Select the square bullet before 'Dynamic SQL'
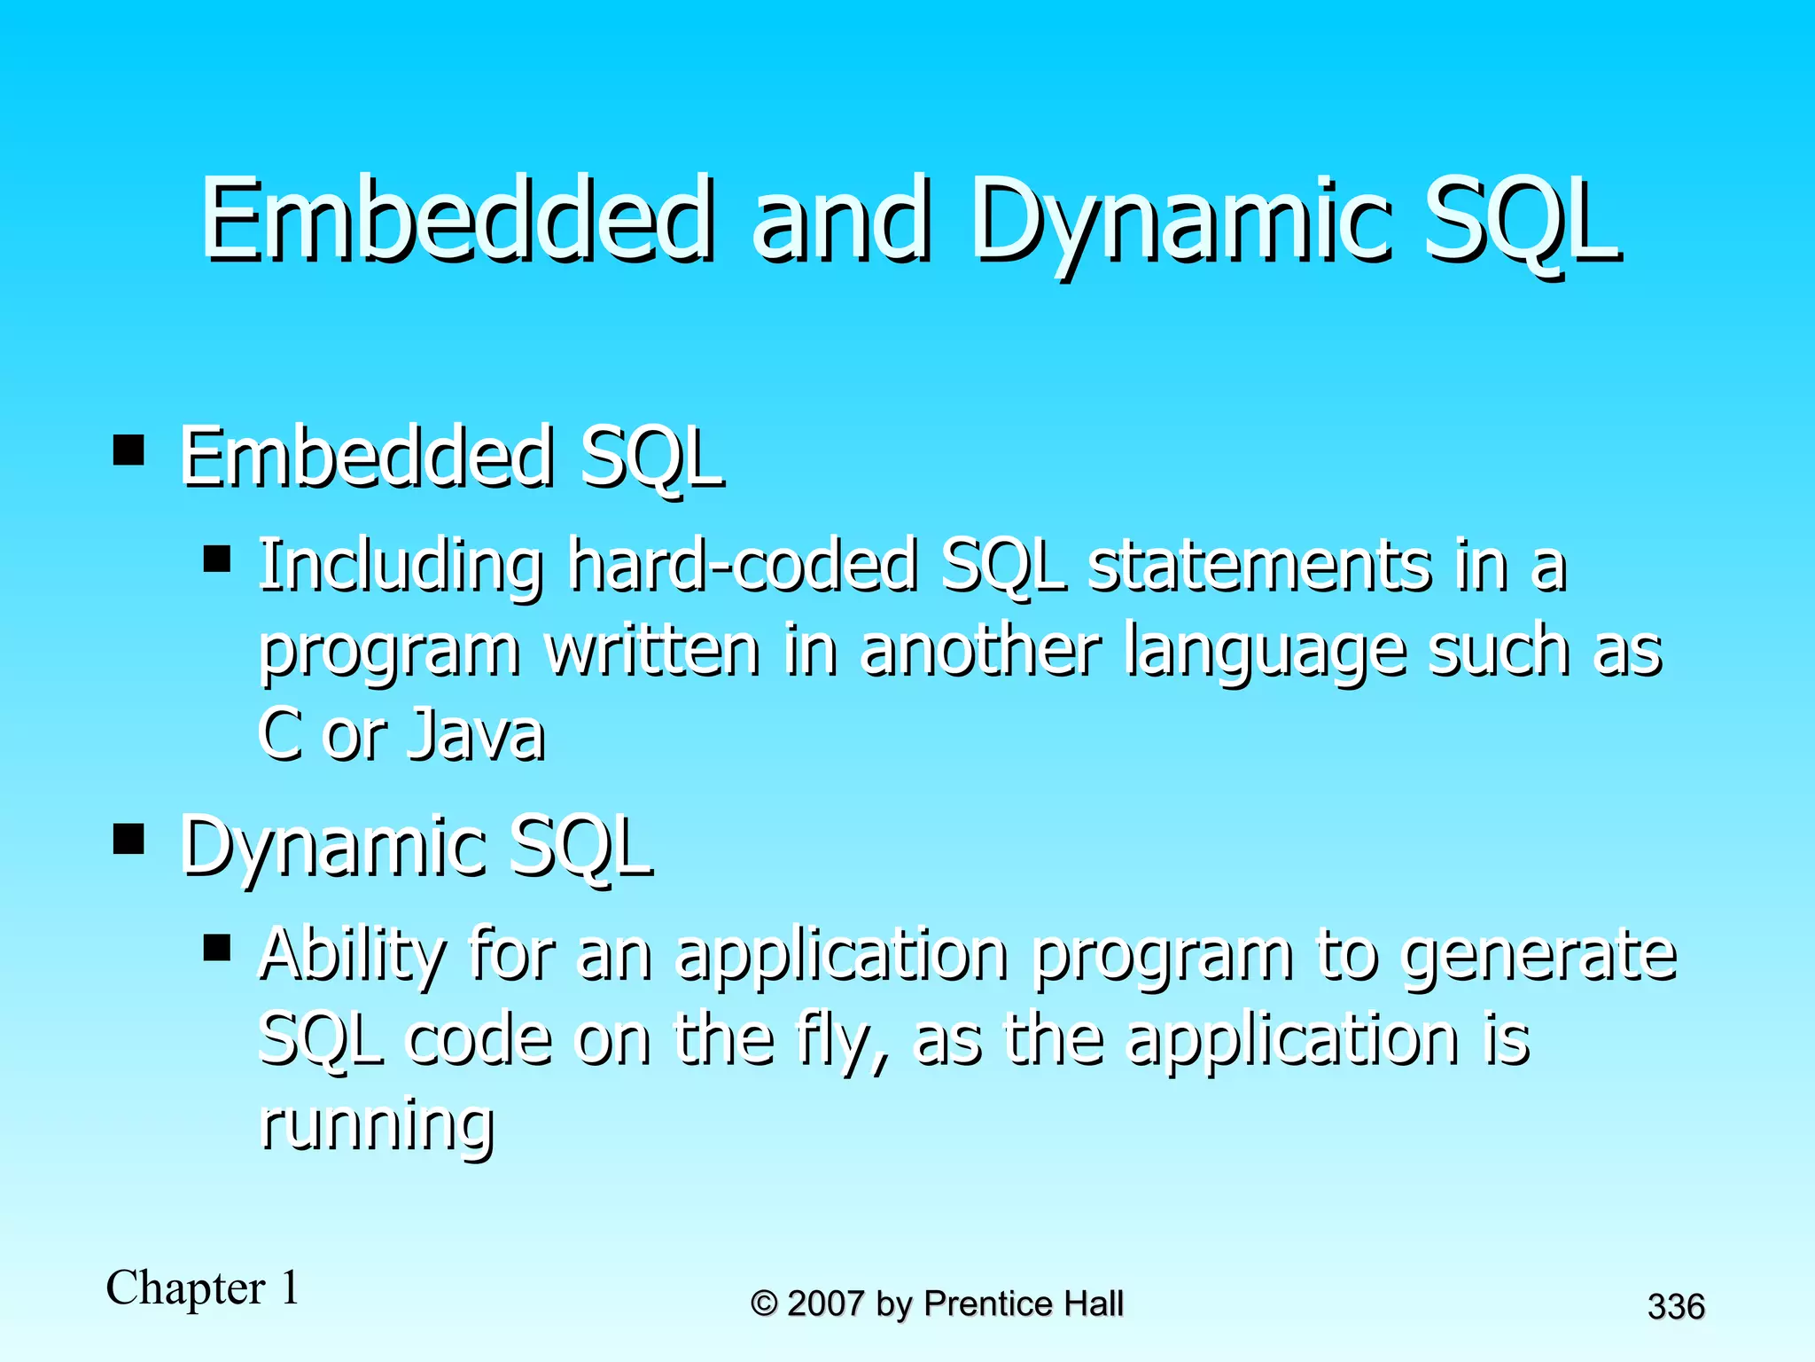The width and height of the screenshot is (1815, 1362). click(129, 838)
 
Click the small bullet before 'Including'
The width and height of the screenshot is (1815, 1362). click(217, 560)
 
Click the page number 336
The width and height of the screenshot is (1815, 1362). click(1676, 1307)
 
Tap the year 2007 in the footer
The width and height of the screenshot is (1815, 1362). click(825, 1303)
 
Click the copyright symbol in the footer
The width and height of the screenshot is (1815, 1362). click(764, 1303)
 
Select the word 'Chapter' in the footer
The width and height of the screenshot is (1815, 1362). click(186, 1288)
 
